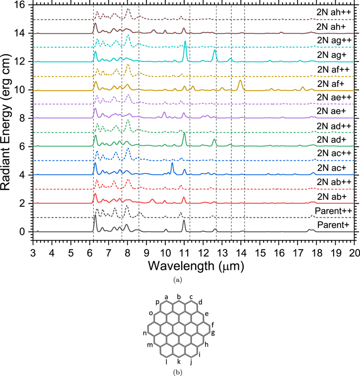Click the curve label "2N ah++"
pos(334,12)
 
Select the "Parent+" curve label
pos(333,225)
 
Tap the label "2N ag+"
pos(332,55)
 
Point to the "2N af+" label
pos(331,84)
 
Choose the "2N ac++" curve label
pos(334,153)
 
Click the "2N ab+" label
pos(332,196)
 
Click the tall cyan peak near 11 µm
pos(185,41)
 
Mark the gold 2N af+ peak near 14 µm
pos(240,80)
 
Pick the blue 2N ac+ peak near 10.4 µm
pos(172,163)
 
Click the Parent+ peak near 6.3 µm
pos(95,215)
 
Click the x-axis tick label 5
pos(71,253)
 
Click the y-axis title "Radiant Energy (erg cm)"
pos(6,122)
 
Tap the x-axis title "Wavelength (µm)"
pos(196,266)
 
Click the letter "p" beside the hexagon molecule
pos(157,302)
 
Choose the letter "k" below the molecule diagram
pos(179,362)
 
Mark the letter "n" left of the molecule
pos(144,333)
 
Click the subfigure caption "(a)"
pos(177,280)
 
